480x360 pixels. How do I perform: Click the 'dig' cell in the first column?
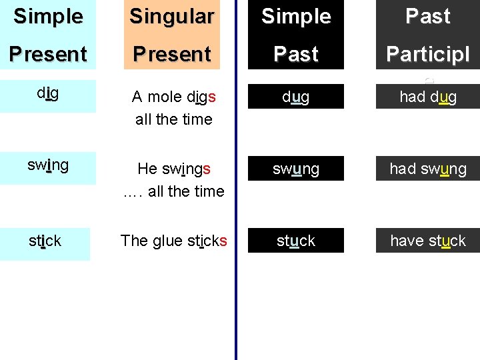(x=47, y=94)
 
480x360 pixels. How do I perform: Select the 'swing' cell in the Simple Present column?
(x=47, y=166)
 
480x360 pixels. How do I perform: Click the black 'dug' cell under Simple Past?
(x=295, y=97)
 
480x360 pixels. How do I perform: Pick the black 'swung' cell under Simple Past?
(x=295, y=169)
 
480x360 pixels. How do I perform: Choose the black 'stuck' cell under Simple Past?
(x=295, y=241)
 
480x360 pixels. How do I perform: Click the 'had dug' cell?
(x=427, y=97)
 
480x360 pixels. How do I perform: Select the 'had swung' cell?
(x=427, y=169)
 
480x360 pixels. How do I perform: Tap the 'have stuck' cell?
(x=427, y=241)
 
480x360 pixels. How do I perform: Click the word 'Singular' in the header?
(x=171, y=17)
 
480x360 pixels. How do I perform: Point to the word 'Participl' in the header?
(x=427, y=54)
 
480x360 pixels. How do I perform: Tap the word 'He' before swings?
(x=147, y=169)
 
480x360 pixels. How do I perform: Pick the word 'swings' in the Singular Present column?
(x=187, y=169)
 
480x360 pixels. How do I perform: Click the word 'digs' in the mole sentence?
(x=201, y=97)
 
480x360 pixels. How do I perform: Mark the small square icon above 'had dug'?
(x=429, y=79)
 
